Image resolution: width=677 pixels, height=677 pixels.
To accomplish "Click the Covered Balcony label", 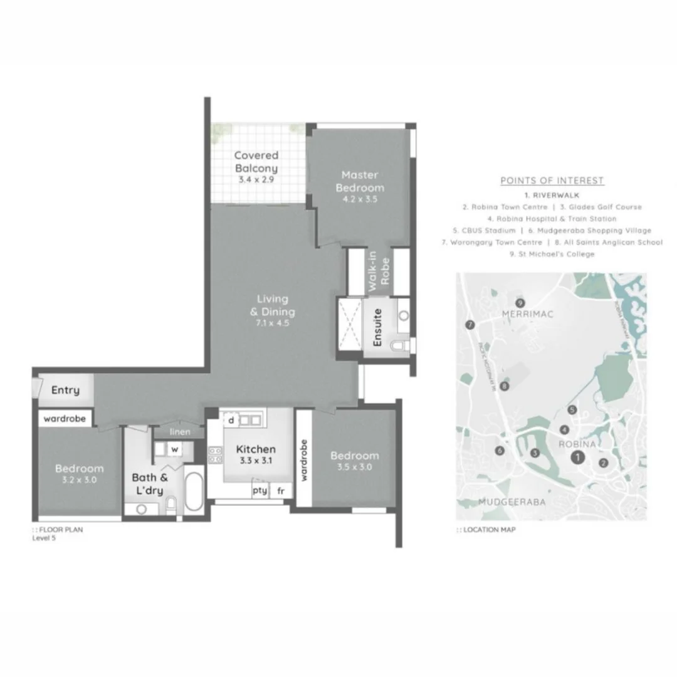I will point(256,162).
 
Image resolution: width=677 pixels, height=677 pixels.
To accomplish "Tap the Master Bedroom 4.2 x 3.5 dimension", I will point(359,200).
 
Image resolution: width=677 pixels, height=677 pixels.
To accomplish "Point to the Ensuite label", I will point(377,328).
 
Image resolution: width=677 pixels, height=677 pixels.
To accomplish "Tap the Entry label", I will point(65,391).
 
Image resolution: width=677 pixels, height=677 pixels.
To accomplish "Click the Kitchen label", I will point(256,449).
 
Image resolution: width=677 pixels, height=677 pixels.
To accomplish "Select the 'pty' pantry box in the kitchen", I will point(260,491).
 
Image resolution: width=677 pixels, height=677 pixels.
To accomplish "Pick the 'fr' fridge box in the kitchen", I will point(280,491).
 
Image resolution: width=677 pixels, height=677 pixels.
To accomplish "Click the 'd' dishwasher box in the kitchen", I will point(231,419).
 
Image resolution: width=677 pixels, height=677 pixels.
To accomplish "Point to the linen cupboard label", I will point(180,433).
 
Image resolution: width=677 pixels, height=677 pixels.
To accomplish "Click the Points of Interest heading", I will point(552,181).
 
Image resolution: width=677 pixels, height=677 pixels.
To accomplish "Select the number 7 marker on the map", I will point(470,325).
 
